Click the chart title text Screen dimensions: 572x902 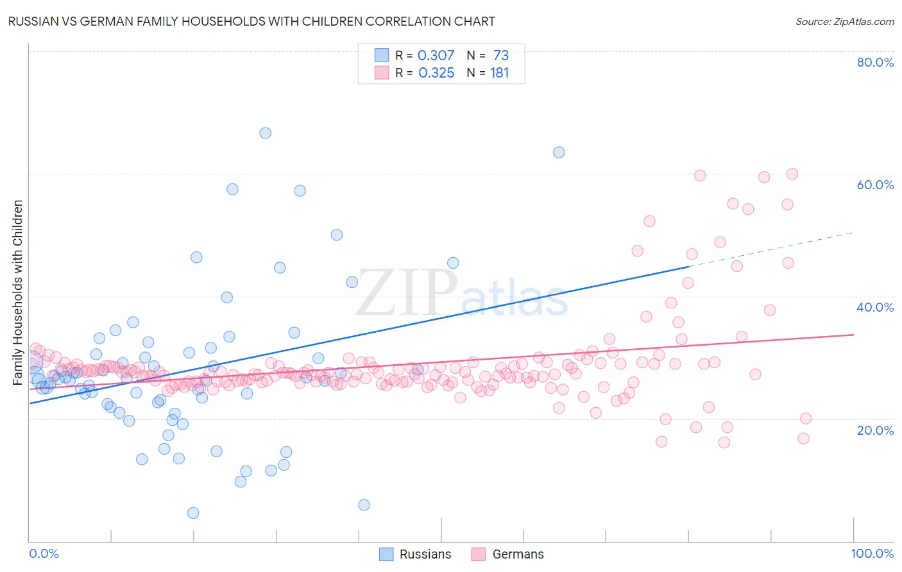(x=251, y=21)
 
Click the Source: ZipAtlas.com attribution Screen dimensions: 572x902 (x=844, y=22)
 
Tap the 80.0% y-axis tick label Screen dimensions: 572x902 (x=875, y=62)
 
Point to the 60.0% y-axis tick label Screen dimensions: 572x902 (x=875, y=185)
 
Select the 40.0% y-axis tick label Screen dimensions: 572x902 (x=875, y=307)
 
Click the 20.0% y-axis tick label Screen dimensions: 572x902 (x=875, y=430)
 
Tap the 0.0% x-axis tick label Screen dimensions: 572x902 (x=44, y=553)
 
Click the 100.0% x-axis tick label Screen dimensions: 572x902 (x=872, y=553)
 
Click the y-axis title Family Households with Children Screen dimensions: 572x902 (x=17, y=292)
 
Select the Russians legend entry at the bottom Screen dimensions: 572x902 (x=416, y=554)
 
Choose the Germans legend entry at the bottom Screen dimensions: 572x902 (x=508, y=554)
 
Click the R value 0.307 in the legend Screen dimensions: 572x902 (x=436, y=55)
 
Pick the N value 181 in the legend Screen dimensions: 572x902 (x=500, y=73)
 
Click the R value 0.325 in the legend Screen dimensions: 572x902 (x=436, y=73)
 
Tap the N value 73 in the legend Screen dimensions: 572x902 (x=501, y=55)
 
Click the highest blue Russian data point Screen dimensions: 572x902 (x=265, y=133)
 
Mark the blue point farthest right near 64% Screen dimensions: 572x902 (x=559, y=152)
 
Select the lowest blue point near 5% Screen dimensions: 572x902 (x=193, y=513)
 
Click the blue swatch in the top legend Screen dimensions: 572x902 (x=382, y=55)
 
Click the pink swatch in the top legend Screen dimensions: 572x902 (x=382, y=72)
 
